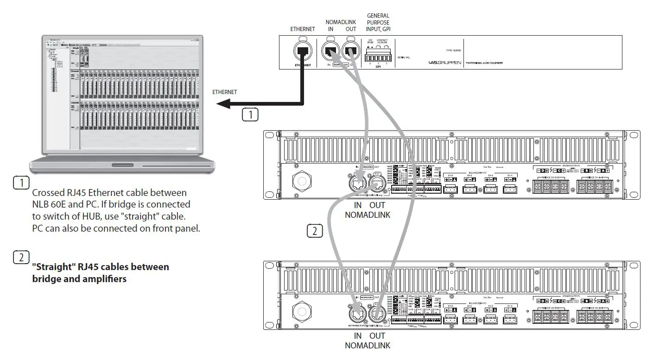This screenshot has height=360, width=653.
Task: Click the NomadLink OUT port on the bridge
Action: tap(351, 51)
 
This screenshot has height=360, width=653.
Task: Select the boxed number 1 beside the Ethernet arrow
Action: tap(250, 114)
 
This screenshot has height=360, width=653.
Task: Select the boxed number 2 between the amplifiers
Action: tap(315, 230)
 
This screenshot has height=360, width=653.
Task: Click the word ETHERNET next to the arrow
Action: tap(224, 92)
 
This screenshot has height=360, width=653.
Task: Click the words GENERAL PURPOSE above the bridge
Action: tap(378, 19)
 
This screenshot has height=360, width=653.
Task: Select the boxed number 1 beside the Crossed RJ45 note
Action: tap(21, 183)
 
